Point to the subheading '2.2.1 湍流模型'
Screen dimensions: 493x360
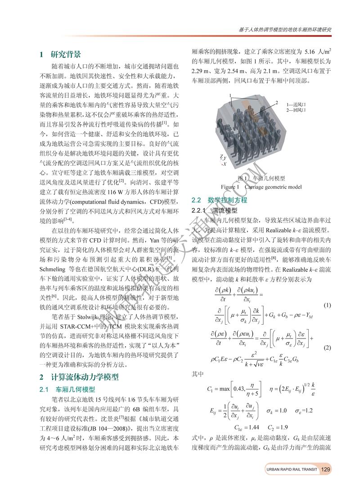click(x=214, y=210)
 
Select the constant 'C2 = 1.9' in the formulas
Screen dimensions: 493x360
click(x=276, y=426)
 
